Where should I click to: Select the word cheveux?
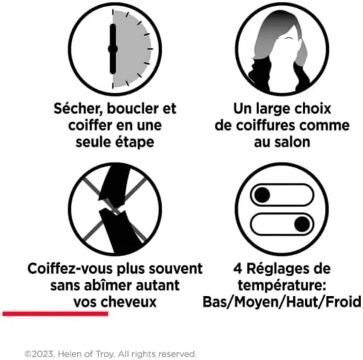point(129,302)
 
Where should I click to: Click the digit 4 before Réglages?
point(238,269)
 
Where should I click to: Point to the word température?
point(282,286)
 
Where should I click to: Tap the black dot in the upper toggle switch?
point(262,195)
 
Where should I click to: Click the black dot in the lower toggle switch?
point(302,224)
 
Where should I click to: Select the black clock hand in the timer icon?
point(113,49)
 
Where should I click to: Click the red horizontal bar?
point(55,314)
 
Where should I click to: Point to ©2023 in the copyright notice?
point(40,354)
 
